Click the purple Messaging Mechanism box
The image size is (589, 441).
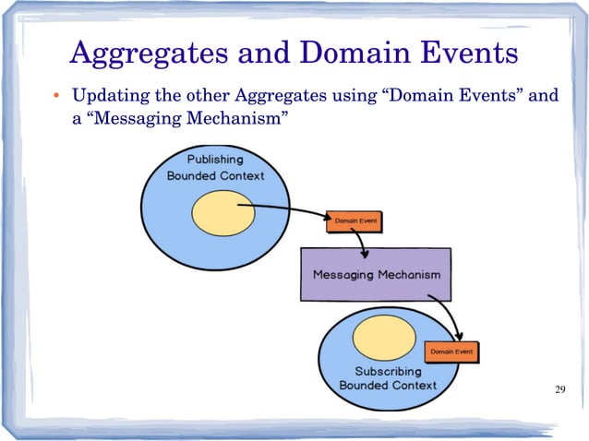point(376,275)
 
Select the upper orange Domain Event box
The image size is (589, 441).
point(354,221)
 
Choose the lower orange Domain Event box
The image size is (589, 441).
point(451,352)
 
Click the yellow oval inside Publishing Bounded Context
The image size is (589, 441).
point(217,212)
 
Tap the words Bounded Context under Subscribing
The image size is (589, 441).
point(388,385)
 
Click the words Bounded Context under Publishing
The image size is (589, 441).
point(215,175)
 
